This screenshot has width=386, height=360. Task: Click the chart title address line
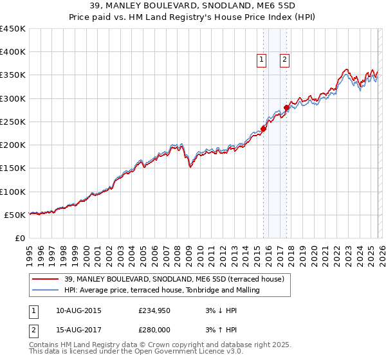(x=193, y=6)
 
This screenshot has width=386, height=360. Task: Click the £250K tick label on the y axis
(x=13, y=122)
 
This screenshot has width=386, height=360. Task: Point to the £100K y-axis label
(x=13, y=192)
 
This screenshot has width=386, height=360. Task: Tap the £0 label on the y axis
(x=19, y=238)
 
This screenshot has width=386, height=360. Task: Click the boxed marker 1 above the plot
(x=262, y=60)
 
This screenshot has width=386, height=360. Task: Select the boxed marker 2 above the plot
(x=284, y=60)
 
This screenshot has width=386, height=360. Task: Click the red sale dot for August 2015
(x=264, y=129)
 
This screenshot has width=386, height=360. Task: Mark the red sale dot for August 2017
(x=286, y=107)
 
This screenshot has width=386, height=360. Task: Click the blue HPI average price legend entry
(x=161, y=290)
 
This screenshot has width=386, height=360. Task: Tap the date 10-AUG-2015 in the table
(x=78, y=310)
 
